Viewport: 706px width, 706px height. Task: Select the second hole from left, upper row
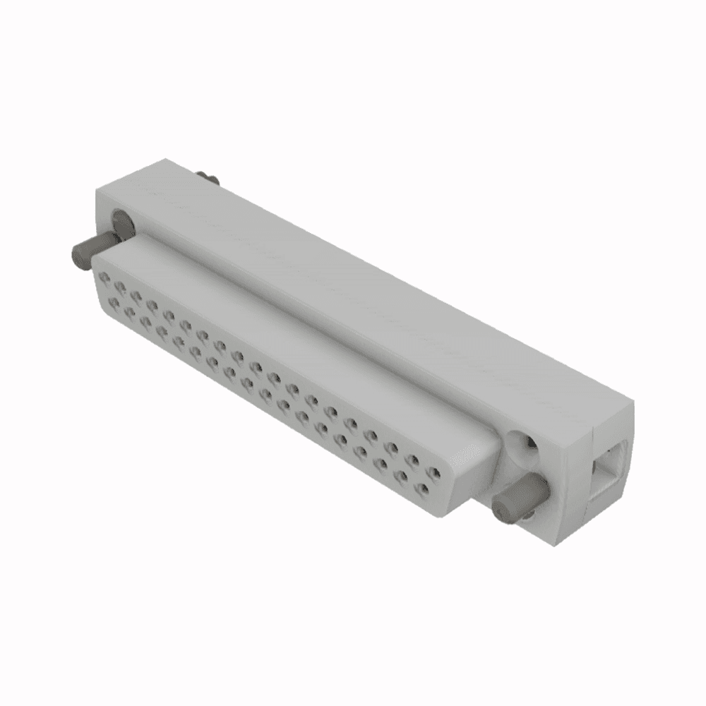(x=121, y=285)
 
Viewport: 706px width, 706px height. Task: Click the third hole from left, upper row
(x=137, y=294)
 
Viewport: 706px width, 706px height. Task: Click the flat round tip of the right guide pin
(x=503, y=506)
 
